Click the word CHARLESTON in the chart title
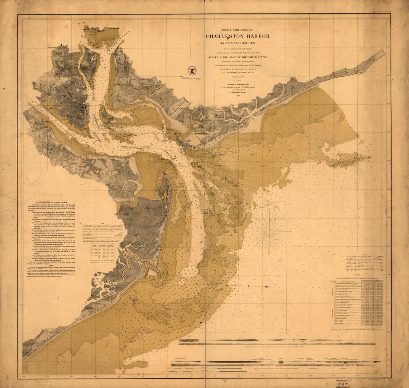point(225,36)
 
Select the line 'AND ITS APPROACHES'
point(237,43)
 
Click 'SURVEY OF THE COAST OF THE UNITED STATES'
point(237,57)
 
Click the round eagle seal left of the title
point(192,70)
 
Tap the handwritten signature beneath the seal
point(190,78)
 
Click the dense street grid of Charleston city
point(76,108)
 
